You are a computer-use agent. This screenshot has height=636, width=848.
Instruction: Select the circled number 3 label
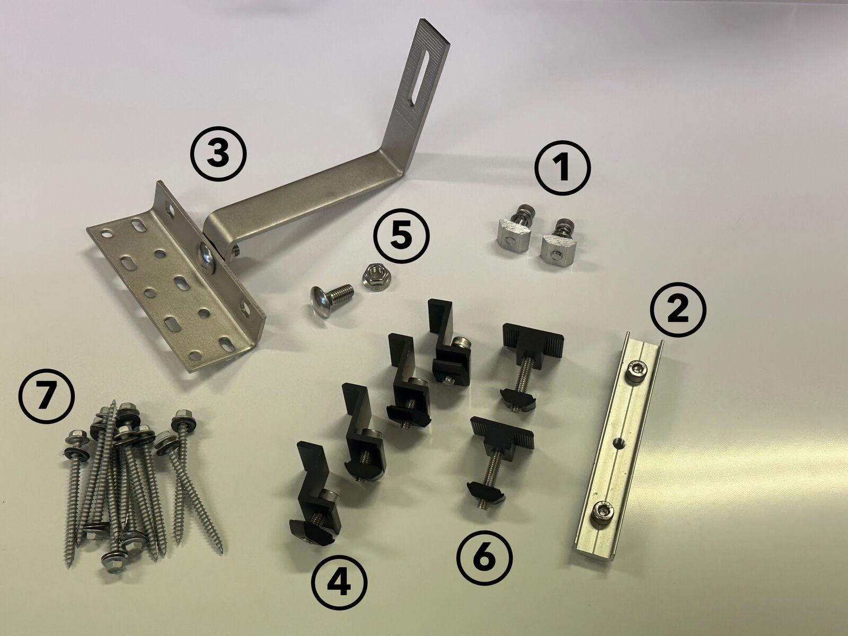[x=218, y=154]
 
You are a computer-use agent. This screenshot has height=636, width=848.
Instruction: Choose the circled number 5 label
[x=401, y=235]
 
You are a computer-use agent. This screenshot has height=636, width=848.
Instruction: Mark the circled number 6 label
[x=484, y=559]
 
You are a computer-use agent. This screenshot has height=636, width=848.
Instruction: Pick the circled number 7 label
[x=46, y=395]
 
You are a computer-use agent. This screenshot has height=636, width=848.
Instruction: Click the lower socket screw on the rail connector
[x=601, y=512]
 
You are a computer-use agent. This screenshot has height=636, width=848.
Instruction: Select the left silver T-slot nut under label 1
[x=513, y=231]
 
